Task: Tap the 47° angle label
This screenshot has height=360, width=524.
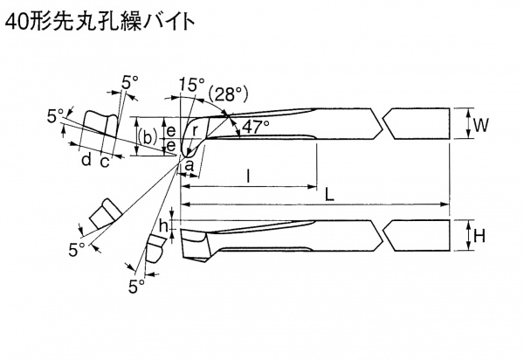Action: coord(255,127)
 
